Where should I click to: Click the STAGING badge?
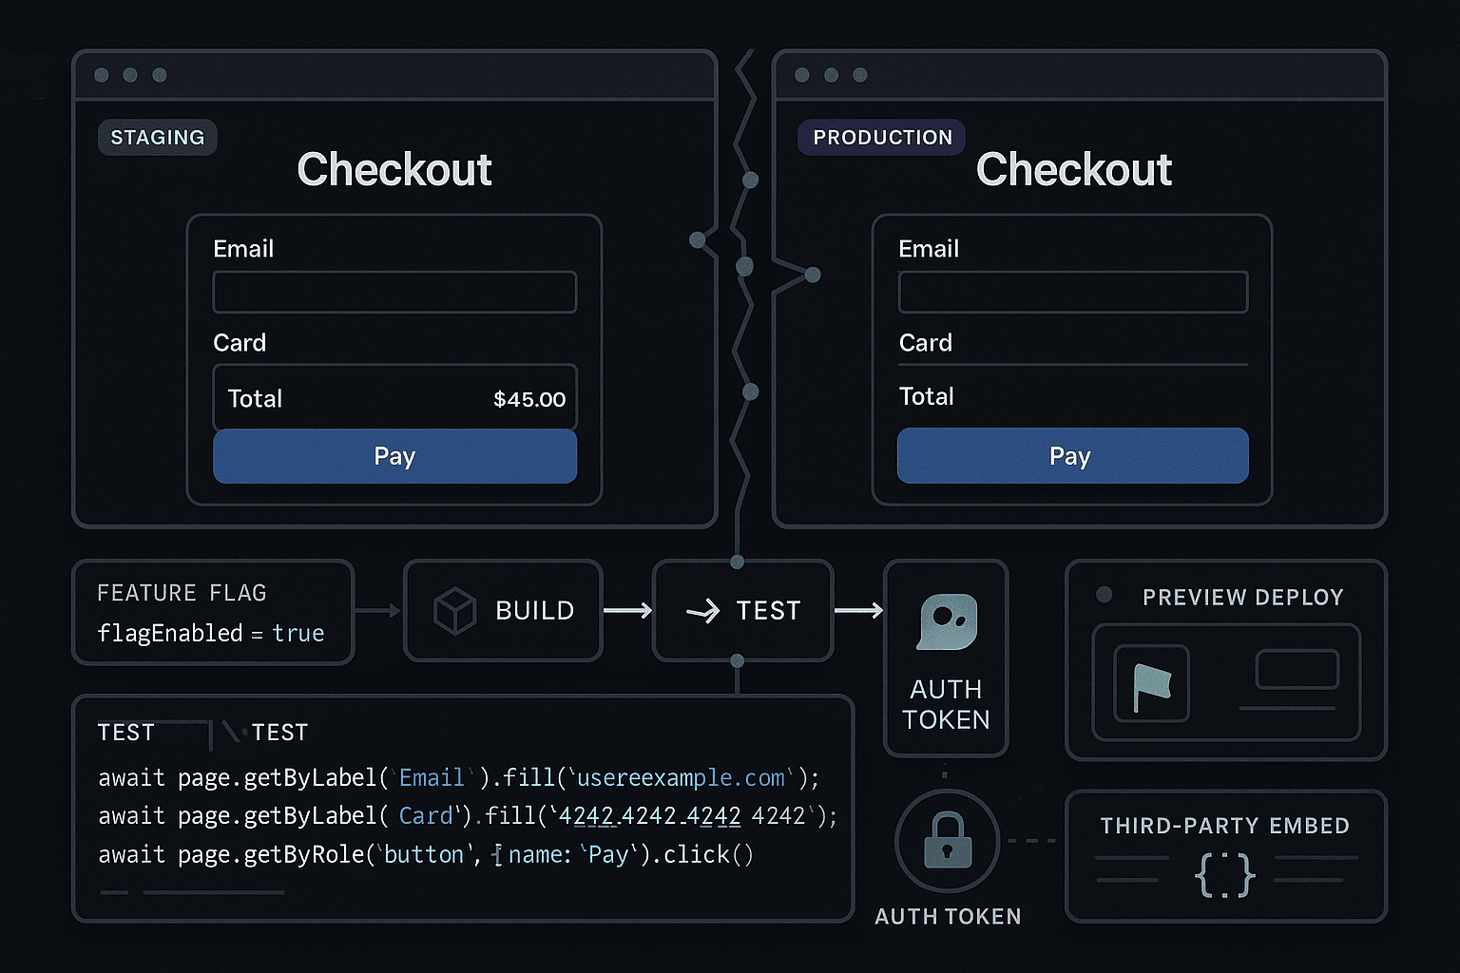157,138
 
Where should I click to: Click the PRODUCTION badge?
881,138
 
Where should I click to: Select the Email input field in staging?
395,292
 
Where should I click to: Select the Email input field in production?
1073,292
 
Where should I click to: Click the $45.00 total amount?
529,399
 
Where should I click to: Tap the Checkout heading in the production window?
1073,169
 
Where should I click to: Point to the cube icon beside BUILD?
454,611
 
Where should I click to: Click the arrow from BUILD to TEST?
627,611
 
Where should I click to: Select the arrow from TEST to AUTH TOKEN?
858,611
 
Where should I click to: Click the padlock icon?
948,841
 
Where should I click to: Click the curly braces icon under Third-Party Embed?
1224,875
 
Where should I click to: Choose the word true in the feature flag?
298,634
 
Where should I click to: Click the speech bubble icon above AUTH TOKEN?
948,621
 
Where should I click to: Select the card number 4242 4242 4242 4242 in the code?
682,816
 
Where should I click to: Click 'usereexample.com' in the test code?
681,778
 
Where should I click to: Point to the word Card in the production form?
926,343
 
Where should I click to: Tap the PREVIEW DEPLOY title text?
1243,597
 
